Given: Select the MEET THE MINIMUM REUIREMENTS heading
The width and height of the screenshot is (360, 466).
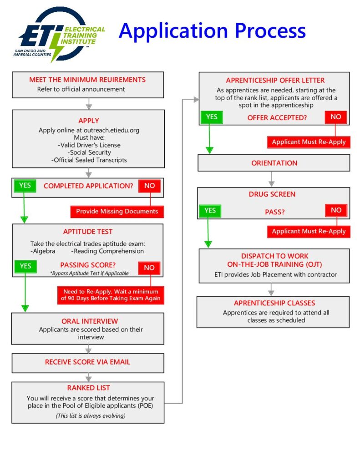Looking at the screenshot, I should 87,79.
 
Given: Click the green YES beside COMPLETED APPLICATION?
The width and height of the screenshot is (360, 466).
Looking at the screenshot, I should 25,186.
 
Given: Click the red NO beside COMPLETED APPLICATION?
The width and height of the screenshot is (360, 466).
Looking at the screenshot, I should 149,186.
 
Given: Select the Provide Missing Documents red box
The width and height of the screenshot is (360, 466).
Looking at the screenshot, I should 117,211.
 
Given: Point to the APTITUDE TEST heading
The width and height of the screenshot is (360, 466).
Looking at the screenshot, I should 88,232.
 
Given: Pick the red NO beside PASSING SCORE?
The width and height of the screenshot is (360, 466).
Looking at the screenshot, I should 149,268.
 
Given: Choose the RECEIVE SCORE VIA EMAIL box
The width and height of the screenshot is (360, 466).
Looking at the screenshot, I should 87,362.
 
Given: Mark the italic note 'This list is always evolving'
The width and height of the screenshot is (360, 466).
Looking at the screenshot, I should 91,415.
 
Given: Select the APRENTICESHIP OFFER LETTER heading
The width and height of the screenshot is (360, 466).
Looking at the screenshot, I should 275,81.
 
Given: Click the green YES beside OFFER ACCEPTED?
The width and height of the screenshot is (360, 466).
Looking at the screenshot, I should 212,117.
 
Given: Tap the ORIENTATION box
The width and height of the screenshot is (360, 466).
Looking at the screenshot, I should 274,163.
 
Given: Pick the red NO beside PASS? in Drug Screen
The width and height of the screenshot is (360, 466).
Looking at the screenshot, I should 336,210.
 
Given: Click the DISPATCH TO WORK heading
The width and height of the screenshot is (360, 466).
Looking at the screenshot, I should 274,256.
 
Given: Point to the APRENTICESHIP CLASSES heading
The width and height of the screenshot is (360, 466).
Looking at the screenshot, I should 274,303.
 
